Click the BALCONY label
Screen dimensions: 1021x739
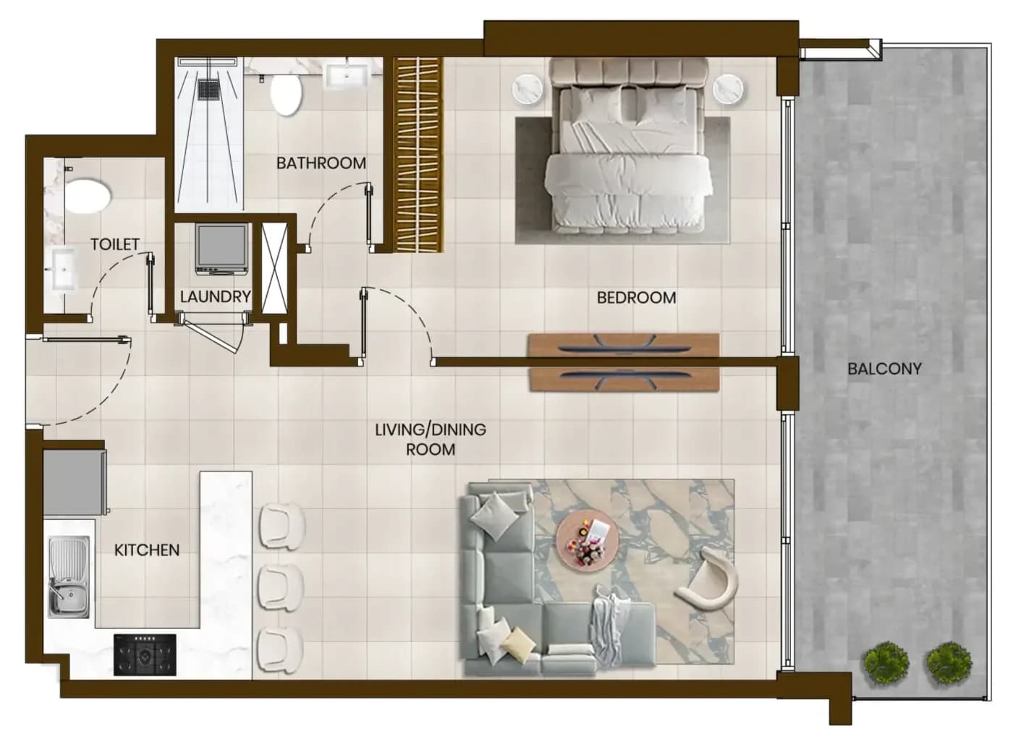pyautogui.click(x=884, y=368)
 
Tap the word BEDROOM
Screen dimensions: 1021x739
pyautogui.click(x=636, y=297)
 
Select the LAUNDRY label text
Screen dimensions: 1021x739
pyautogui.click(x=215, y=296)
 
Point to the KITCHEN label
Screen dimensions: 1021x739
pyautogui.click(x=147, y=550)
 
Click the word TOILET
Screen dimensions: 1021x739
pyautogui.click(x=115, y=244)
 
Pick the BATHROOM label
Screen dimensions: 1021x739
pyautogui.click(x=321, y=163)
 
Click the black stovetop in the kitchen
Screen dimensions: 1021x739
pyautogui.click(x=145, y=654)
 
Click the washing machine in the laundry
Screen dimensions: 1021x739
pyautogui.click(x=222, y=249)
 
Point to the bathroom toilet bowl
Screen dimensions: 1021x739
pyautogui.click(x=287, y=95)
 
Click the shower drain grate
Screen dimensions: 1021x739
pyautogui.click(x=209, y=89)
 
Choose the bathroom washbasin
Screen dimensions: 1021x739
pyautogui.click(x=347, y=76)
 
